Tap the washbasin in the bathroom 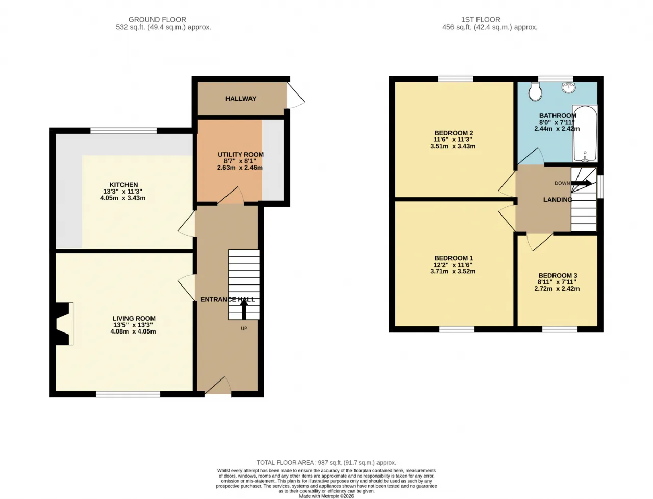click(568, 87)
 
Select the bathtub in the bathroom click(585, 133)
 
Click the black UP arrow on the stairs click(244, 310)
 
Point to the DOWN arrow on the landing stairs click(581, 183)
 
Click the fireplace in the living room click(63, 324)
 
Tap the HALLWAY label click(240, 99)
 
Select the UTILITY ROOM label click(240, 155)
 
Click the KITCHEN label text click(123, 185)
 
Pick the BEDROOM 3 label click(558, 275)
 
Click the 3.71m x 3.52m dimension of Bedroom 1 click(453, 271)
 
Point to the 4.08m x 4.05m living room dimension click(133, 331)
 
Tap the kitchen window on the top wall click(123, 130)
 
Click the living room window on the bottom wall click(128, 394)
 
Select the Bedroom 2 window click(456, 79)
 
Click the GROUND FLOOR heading click(157, 19)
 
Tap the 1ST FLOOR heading click(481, 19)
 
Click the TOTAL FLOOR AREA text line click(326, 462)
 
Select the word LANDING click(558, 200)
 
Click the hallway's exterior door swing click(295, 94)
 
